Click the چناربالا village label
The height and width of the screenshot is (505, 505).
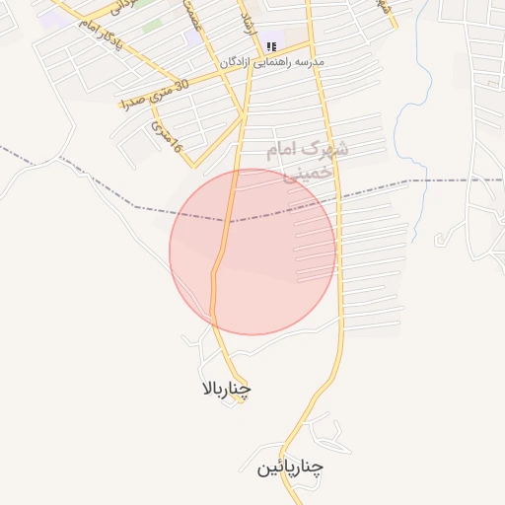tap(226, 389)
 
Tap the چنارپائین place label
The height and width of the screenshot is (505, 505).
tap(291, 467)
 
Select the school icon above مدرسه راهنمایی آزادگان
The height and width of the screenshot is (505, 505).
tap(271, 45)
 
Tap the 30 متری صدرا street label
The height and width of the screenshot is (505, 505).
tap(153, 95)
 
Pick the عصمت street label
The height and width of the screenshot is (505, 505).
tap(193, 18)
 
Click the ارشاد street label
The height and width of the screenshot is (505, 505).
tap(248, 20)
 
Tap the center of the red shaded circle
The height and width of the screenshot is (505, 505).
tap(252, 252)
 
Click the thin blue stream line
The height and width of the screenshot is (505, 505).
tap(399, 118)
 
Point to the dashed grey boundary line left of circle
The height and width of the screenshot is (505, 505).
tap(99, 187)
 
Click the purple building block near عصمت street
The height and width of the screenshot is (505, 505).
tap(191, 37)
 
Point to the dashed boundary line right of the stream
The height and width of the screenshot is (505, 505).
tap(454, 180)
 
